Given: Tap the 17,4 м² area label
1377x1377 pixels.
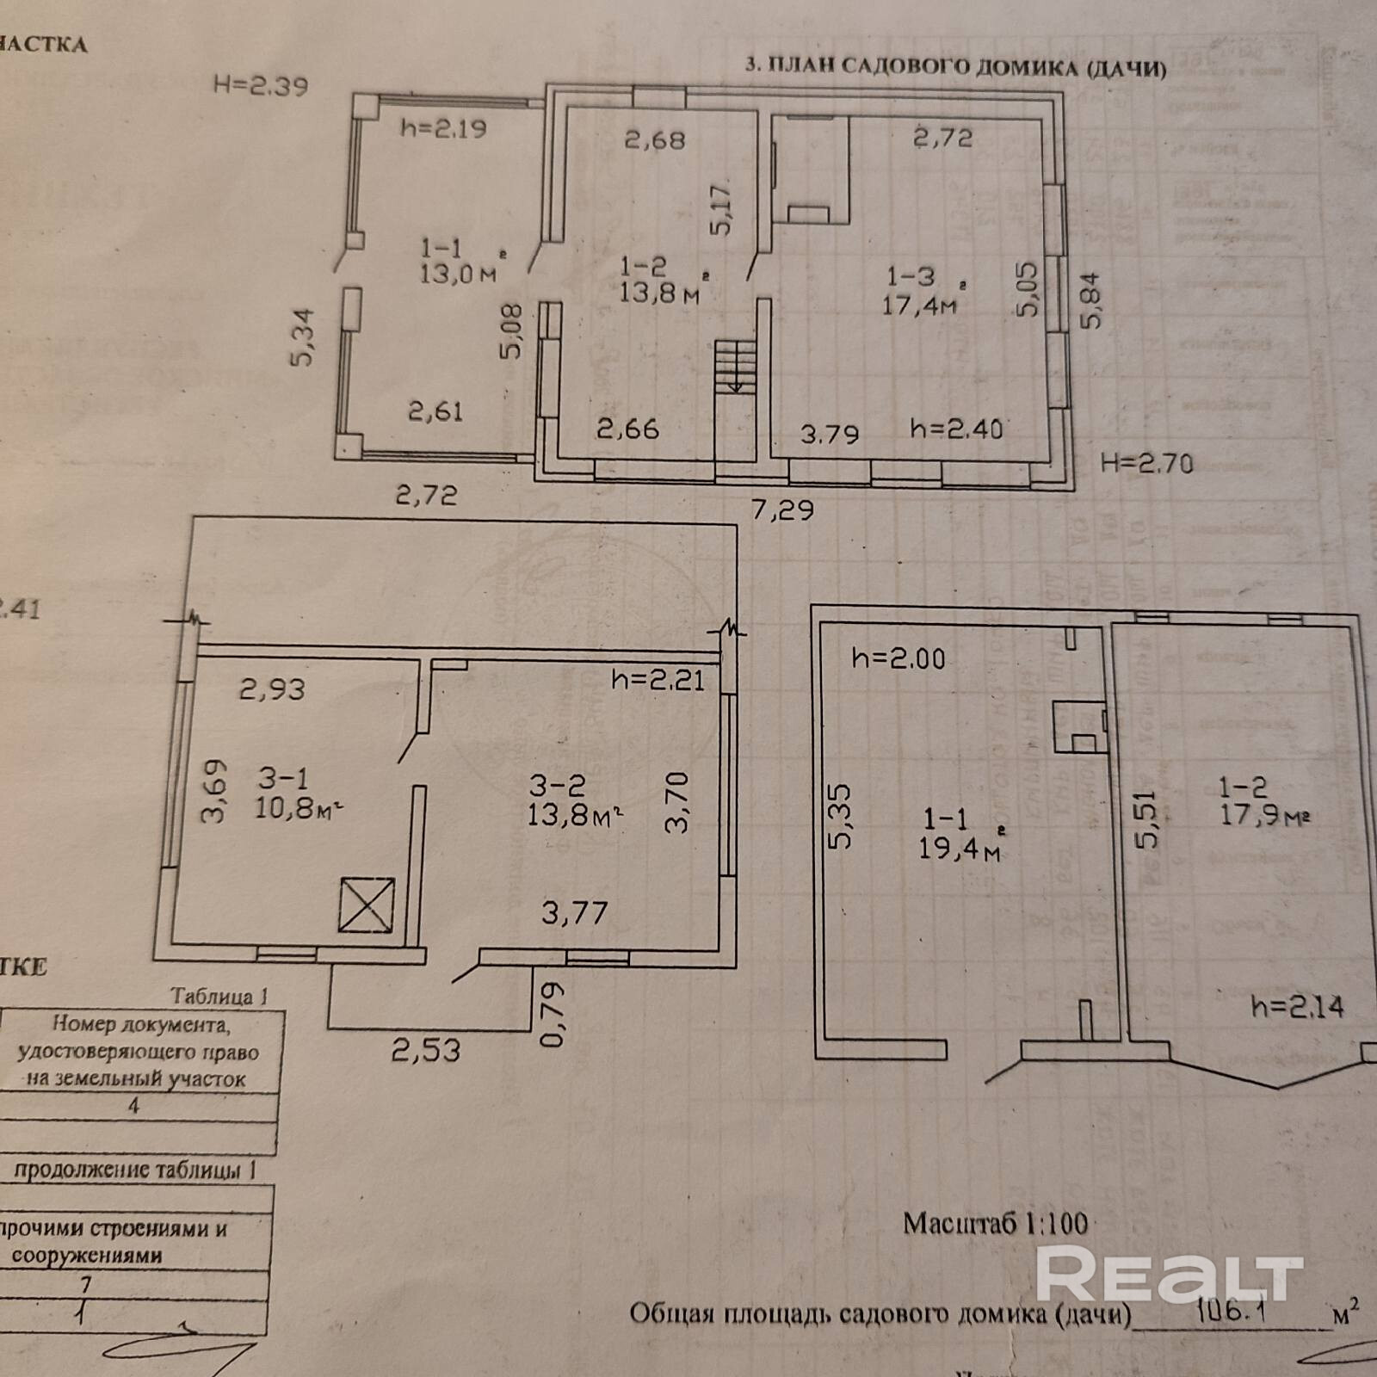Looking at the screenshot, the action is point(919,304).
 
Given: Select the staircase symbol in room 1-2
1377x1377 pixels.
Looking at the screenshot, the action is point(734,366).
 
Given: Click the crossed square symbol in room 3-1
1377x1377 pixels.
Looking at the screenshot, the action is point(366,905).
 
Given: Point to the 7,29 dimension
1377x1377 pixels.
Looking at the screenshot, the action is point(782,510).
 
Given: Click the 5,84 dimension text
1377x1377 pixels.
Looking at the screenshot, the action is point(1090,300).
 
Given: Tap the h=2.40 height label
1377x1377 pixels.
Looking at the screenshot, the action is point(956,429).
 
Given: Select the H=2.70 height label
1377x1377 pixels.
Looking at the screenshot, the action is point(1147,464).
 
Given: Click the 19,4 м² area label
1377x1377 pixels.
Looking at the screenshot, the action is point(959,849).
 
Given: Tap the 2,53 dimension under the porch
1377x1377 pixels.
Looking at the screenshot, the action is point(426,1050).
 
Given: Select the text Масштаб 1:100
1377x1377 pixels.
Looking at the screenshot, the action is point(995,1223).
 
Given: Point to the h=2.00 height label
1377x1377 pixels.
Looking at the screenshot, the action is point(898,659).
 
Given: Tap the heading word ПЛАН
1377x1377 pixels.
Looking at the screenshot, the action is point(800,66).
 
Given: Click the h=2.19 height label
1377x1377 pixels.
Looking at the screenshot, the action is point(443,129).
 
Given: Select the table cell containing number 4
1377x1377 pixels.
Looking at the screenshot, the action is point(133,1106).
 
